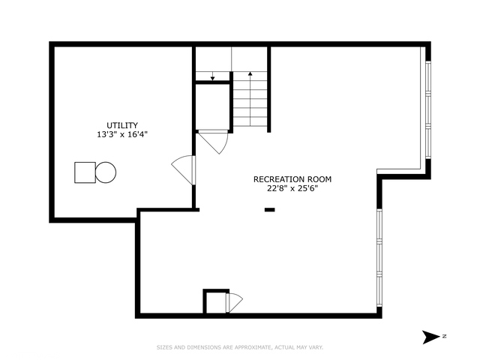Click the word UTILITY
click(121, 125)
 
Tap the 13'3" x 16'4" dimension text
click(121, 135)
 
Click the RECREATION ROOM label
click(292, 179)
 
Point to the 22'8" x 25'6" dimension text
click(292, 189)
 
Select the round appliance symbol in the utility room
click(106, 172)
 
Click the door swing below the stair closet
click(214, 141)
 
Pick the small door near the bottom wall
click(234, 302)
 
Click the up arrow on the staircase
click(250, 75)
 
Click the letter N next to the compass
click(444, 336)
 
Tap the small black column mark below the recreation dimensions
click(269, 210)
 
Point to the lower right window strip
click(379, 259)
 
